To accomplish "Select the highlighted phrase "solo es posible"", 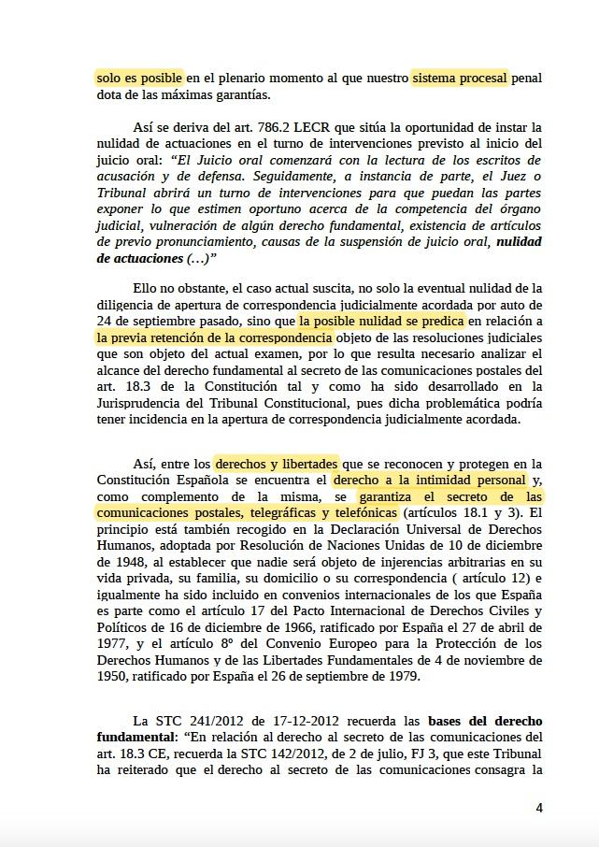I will (140, 79).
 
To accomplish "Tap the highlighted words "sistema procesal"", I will (460, 79).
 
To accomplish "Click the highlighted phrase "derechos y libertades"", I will (277, 464).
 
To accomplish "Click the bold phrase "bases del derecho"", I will (484, 722).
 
